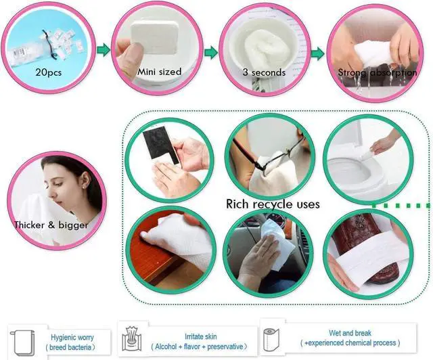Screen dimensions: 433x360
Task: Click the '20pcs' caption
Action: (48, 72)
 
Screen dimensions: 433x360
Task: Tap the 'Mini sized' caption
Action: (160, 72)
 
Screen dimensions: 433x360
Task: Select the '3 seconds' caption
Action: (264, 72)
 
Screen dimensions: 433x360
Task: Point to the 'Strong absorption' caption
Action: (378, 72)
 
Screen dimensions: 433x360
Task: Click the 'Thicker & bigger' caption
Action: (51, 225)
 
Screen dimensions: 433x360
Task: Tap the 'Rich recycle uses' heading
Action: (273, 204)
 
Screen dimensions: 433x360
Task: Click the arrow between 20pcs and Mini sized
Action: (104, 50)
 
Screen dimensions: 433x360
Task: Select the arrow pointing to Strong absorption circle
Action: (318, 53)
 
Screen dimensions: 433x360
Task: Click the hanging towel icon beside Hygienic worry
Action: (22, 342)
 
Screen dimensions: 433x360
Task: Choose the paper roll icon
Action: (271, 340)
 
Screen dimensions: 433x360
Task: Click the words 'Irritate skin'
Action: (200, 336)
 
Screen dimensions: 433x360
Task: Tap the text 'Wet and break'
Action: (350, 333)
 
